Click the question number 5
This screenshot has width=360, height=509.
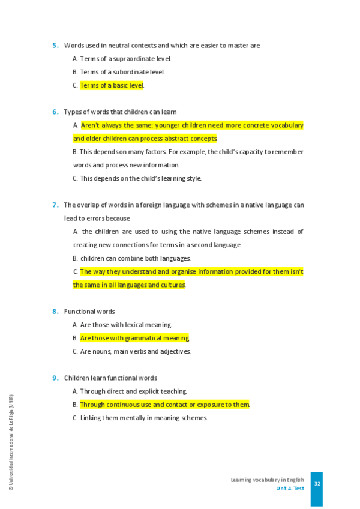(x=55, y=46)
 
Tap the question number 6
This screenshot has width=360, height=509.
(x=55, y=112)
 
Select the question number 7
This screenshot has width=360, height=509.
(x=55, y=205)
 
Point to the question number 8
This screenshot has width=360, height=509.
(x=55, y=312)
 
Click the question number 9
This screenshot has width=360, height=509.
(x=55, y=378)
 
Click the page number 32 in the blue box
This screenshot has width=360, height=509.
(x=317, y=484)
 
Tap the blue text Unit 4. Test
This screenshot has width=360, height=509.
(x=290, y=489)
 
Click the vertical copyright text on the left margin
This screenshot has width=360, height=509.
(x=11, y=443)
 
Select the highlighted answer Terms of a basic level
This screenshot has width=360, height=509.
(x=112, y=85)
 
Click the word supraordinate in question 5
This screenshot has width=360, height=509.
(x=128, y=59)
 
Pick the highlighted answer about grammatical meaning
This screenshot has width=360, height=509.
(x=134, y=338)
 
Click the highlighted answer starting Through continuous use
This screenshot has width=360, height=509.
(x=164, y=405)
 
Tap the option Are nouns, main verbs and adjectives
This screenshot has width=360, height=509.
(x=135, y=352)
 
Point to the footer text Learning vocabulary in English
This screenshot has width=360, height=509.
(x=267, y=480)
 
